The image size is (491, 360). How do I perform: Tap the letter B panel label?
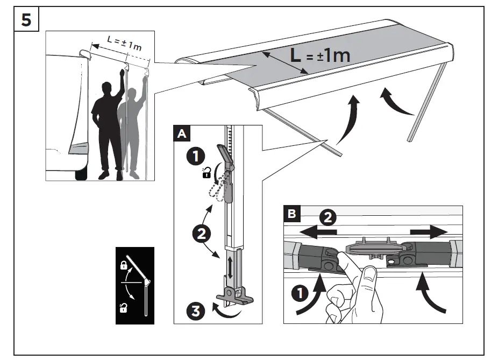(291, 213)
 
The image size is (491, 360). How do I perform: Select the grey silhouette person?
(131, 135)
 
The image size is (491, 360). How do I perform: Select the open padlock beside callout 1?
(206, 173)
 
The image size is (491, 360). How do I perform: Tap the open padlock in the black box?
(123, 308)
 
